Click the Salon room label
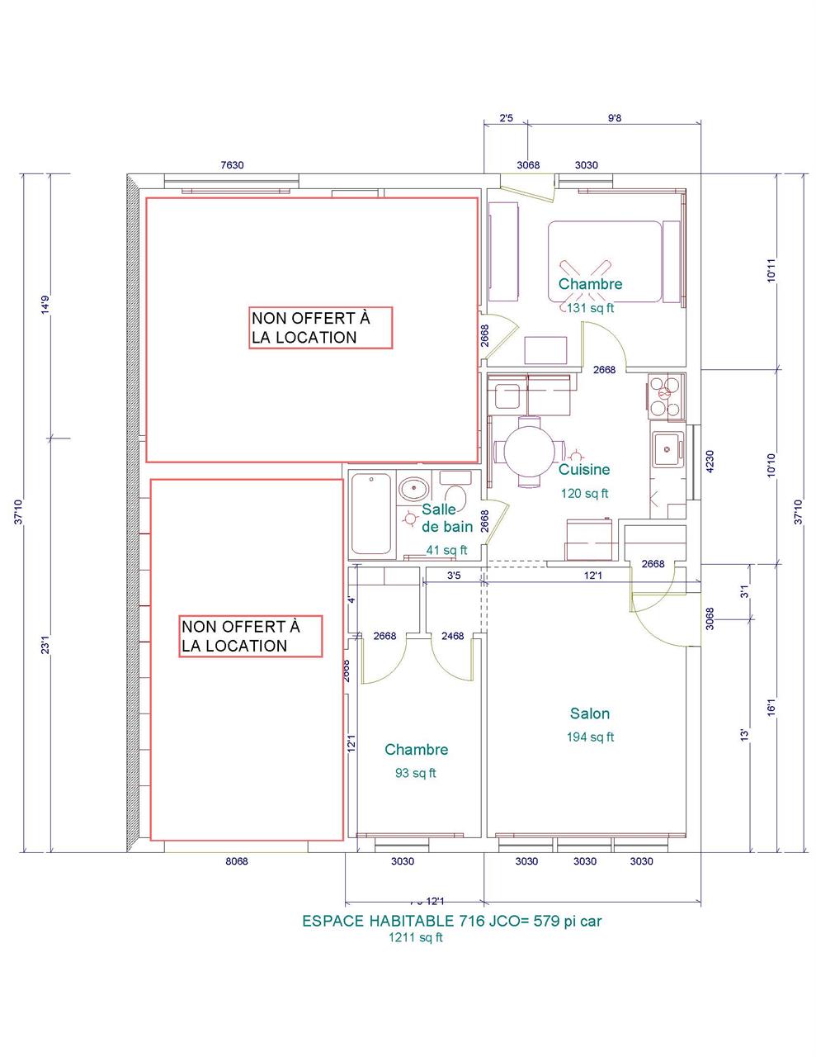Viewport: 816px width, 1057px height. (x=589, y=713)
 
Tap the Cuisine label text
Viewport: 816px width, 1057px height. (x=584, y=470)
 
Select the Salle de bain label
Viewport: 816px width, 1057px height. (x=446, y=519)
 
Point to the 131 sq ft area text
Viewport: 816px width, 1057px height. (x=590, y=308)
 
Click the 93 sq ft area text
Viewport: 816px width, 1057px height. (x=416, y=774)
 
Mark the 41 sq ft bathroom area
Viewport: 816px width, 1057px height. (x=446, y=550)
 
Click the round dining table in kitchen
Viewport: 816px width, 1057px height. (x=530, y=452)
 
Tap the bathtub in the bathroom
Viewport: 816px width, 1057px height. (x=371, y=514)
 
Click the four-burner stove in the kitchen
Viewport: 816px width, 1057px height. (x=665, y=396)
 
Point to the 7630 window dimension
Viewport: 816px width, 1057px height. (x=232, y=165)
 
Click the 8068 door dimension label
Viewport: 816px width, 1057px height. (x=236, y=861)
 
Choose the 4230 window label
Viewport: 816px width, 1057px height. (x=710, y=461)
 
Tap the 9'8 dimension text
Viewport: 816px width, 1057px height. (x=614, y=118)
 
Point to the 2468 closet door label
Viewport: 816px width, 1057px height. (x=452, y=636)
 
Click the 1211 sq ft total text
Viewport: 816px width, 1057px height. (x=416, y=937)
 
